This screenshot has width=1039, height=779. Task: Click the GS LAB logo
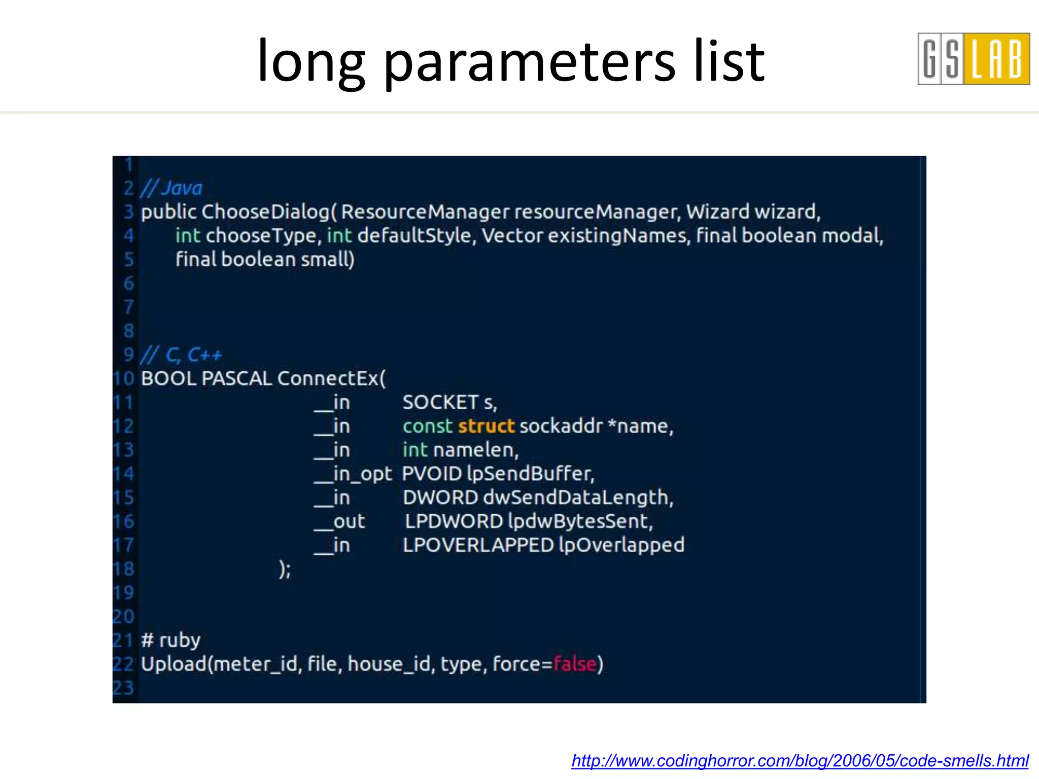click(x=973, y=59)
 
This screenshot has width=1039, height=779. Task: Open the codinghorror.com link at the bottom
click(x=800, y=760)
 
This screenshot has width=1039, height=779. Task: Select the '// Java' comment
click(x=171, y=188)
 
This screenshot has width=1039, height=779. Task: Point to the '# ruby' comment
click(x=170, y=640)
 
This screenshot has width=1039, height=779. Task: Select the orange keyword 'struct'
click(x=486, y=426)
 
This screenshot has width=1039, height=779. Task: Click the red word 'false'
click(x=574, y=664)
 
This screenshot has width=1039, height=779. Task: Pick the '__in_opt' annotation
click(x=353, y=474)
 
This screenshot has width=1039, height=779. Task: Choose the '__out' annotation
click(x=339, y=521)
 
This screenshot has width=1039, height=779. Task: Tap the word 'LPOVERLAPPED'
click(x=478, y=545)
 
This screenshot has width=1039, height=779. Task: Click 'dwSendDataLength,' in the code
click(x=578, y=498)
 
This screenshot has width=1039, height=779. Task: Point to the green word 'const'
click(x=427, y=426)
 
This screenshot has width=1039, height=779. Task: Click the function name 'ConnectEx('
click(x=331, y=378)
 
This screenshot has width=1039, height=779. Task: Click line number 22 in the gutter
click(x=123, y=664)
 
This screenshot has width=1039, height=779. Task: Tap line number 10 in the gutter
click(x=123, y=378)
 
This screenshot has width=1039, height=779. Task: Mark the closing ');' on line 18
click(x=285, y=569)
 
